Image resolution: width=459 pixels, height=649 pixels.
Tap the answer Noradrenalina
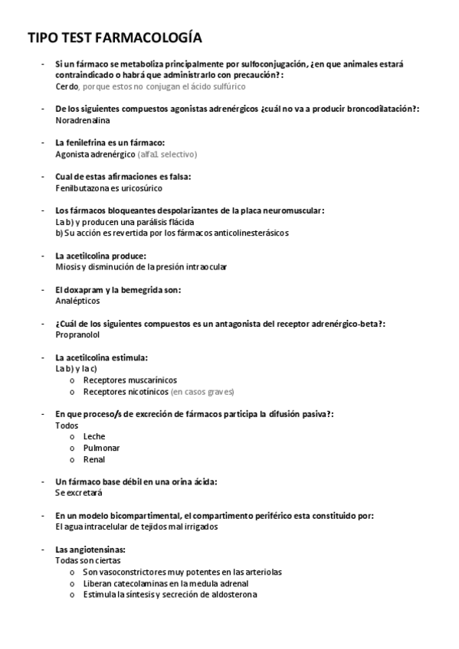click(x=83, y=120)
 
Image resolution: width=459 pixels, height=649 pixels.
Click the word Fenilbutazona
click(x=82, y=188)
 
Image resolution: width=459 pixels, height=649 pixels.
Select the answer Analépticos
click(x=78, y=301)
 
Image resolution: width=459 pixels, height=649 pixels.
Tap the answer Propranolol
click(x=77, y=334)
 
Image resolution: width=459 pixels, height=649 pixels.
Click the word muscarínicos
click(x=150, y=380)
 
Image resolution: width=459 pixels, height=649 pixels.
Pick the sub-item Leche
click(x=94, y=436)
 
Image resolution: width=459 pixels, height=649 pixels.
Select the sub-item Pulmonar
click(x=101, y=448)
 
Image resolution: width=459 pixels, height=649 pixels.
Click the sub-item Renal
click(x=94, y=459)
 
